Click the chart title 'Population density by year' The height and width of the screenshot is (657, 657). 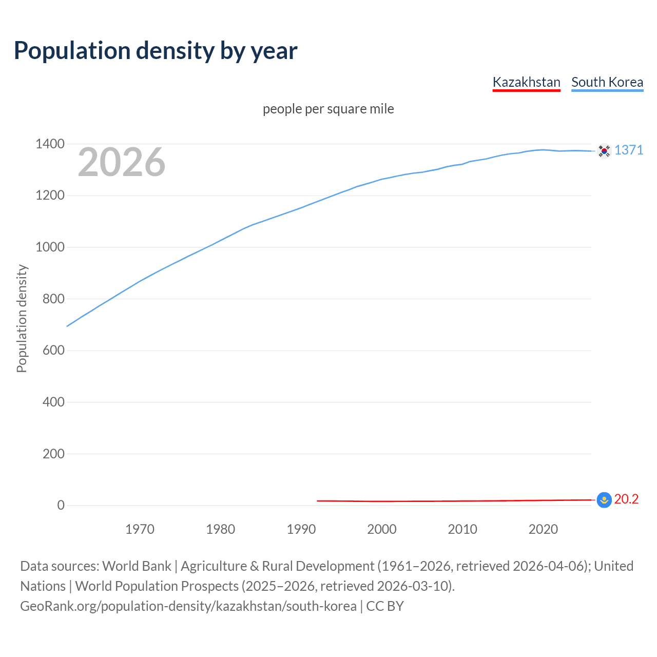pyautogui.click(x=156, y=51)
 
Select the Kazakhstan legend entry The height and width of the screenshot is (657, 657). pyautogui.click(x=526, y=82)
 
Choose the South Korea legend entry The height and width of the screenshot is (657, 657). pyautogui.click(x=607, y=82)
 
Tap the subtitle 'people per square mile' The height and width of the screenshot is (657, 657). pyautogui.click(x=328, y=109)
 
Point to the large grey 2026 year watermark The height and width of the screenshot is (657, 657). pyautogui.click(x=122, y=162)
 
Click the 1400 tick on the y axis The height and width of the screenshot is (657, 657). pyautogui.click(x=50, y=144)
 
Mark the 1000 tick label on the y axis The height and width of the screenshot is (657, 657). pyautogui.click(x=50, y=247)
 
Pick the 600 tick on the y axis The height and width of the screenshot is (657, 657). pyautogui.click(x=53, y=350)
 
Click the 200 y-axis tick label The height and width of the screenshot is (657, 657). pyautogui.click(x=53, y=453)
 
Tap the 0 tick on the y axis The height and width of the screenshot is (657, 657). pyautogui.click(x=61, y=505)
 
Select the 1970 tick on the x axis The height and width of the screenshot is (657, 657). pyautogui.click(x=140, y=529)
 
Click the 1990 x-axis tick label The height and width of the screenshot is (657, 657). pyautogui.click(x=301, y=529)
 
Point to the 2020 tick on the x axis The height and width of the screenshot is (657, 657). pyautogui.click(x=543, y=529)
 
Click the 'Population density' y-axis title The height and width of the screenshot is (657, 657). pyautogui.click(x=22, y=318)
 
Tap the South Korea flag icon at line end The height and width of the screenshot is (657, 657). pyautogui.click(x=604, y=150)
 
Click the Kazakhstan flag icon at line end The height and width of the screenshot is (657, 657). pyautogui.click(x=604, y=499)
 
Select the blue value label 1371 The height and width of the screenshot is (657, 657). pyautogui.click(x=629, y=150)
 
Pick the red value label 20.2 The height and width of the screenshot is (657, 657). pyautogui.click(x=626, y=499)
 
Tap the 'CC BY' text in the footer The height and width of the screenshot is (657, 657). pyautogui.click(x=385, y=606)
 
